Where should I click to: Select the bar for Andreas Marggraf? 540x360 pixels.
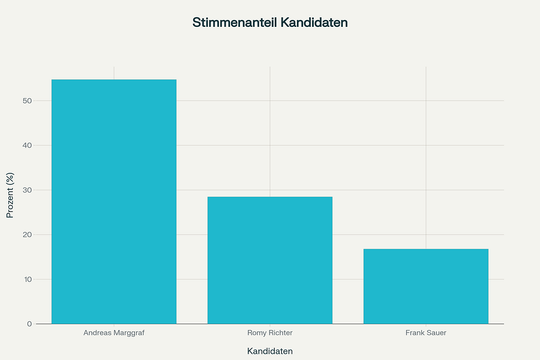point(114,201)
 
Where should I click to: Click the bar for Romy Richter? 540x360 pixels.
point(270,260)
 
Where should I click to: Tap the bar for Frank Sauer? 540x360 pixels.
point(426,286)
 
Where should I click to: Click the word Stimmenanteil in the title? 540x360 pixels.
point(234,23)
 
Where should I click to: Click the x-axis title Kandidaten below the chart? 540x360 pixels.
point(270,351)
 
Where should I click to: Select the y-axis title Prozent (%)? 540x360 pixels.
point(10,194)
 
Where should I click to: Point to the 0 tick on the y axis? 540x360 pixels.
point(30,324)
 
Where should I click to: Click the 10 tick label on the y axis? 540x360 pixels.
point(27,279)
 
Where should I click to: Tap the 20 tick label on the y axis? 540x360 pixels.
point(27,235)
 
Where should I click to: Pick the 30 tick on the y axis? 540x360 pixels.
point(27,190)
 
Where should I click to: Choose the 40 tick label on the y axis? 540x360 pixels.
point(27,145)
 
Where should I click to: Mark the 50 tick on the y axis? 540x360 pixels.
point(27,101)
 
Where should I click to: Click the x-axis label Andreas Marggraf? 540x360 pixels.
point(114,333)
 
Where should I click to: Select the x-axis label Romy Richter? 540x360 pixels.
point(270,333)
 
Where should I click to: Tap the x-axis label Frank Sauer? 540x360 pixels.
point(426,333)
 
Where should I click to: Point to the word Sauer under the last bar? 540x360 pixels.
point(436,333)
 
